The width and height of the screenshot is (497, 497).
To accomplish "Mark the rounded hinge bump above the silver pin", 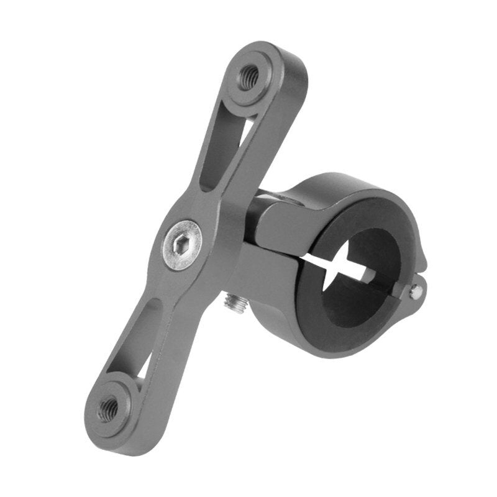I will click(417, 267).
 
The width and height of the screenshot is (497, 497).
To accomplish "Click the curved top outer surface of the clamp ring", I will click(348, 186).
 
